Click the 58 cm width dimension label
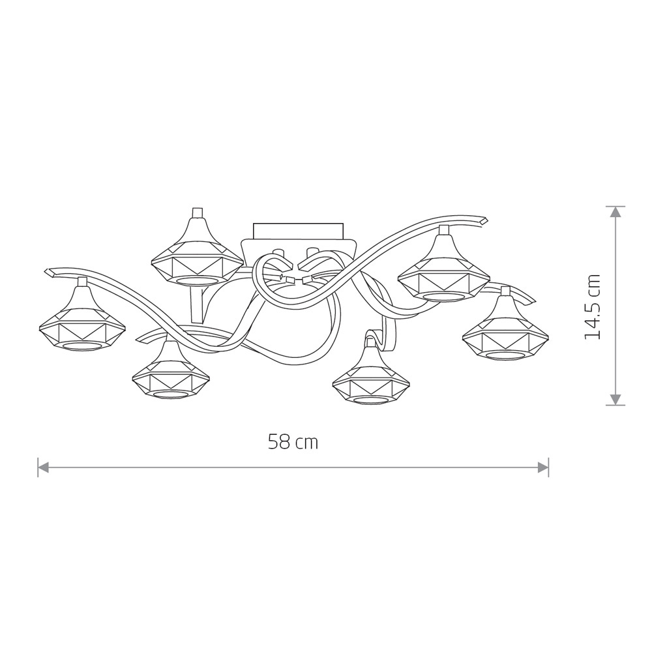pyautogui.click(x=293, y=441)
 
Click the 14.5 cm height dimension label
pyautogui.click(x=593, y=306)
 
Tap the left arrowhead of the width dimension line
pyautogui.click(x=43, y=467)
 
